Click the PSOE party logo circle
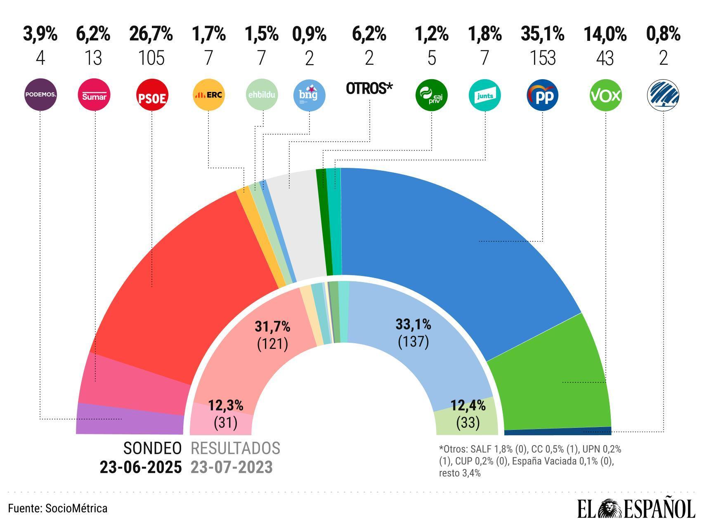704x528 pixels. [152, 96]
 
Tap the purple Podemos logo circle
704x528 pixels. [40, 95]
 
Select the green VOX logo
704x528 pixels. [605, 96]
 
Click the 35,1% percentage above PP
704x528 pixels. [542, 34]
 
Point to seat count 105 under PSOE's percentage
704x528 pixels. [151, 58]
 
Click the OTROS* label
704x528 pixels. [369, 88]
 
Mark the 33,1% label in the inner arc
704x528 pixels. [413, 325]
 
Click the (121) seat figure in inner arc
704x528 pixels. [272, 344]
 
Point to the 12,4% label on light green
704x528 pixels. [468, 405]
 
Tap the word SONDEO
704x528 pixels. [152, 448]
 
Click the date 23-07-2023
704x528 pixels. [232, 467]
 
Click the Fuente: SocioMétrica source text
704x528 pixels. [58, 508]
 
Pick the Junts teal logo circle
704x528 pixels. [484, 96]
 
